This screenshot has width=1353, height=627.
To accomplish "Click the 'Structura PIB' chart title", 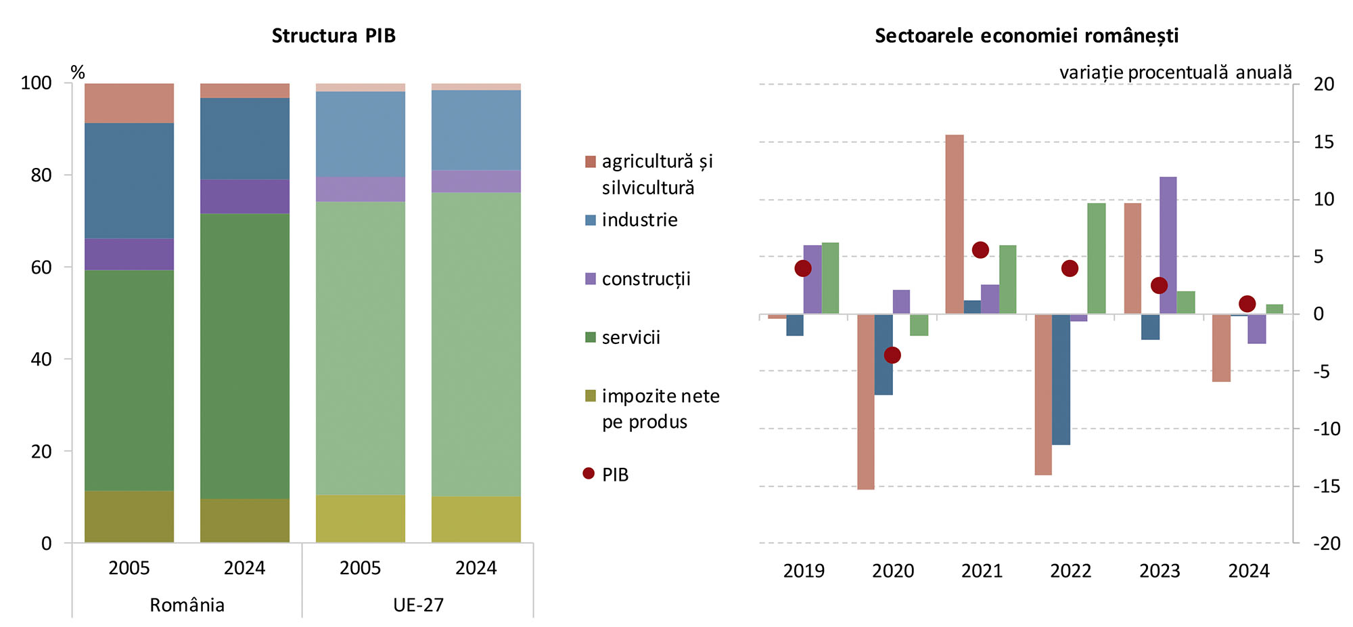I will (x=334, y=35).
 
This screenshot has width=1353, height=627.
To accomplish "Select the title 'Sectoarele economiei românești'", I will (x=1026, y=35).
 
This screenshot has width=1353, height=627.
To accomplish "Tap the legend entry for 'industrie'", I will (x=639, y=220).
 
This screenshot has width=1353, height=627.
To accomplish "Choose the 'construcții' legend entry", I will (x=645, y=279).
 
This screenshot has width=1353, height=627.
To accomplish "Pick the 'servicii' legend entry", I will (x=630, y=337).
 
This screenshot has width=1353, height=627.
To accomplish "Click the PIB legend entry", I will (x=614, y=475).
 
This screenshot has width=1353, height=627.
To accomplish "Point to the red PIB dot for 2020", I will (x=892, y=355).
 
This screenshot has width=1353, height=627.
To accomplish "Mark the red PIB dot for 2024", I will (x=1247, y=303).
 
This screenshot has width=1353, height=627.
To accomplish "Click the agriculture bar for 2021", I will (x=955, y=223).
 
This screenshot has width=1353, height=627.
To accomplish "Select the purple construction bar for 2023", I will (x=1168, y=245).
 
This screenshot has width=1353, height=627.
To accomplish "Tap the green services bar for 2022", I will (x=1097, y=258).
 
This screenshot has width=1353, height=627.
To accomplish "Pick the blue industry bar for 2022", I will (x=1061, y=379).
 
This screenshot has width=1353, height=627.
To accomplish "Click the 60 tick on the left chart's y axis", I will (x=41, y=267).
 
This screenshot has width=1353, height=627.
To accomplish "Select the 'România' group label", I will (x=187, y=605).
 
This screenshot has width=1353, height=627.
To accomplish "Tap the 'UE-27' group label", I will (x=418, y=605).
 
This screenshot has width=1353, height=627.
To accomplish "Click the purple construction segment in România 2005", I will (x=129, y=254).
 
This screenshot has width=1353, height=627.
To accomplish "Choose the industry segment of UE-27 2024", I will (x=476, y=130).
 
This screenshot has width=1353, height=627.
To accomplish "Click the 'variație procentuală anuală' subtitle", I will (x=1175, y=72).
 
